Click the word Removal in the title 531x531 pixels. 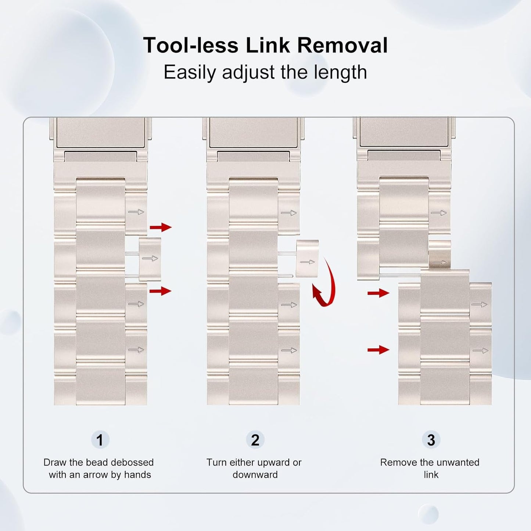(x=342, y=46)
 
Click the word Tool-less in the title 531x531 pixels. (x=191, y=46)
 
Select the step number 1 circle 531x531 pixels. (x=100, y=440)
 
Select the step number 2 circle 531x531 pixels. (x=255, y=440)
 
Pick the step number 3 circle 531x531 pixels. (x=431, y=440)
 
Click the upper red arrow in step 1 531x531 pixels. (x=161, y=227)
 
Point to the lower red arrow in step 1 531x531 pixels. (x=161, y=291)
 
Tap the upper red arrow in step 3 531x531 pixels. (x=378, y=293)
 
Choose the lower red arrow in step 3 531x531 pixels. (x=378, y=349)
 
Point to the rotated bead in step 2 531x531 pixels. (x=307, y=258)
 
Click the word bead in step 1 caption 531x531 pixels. (x=96, y=462)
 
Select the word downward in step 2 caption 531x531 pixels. (x=255, y=475)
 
